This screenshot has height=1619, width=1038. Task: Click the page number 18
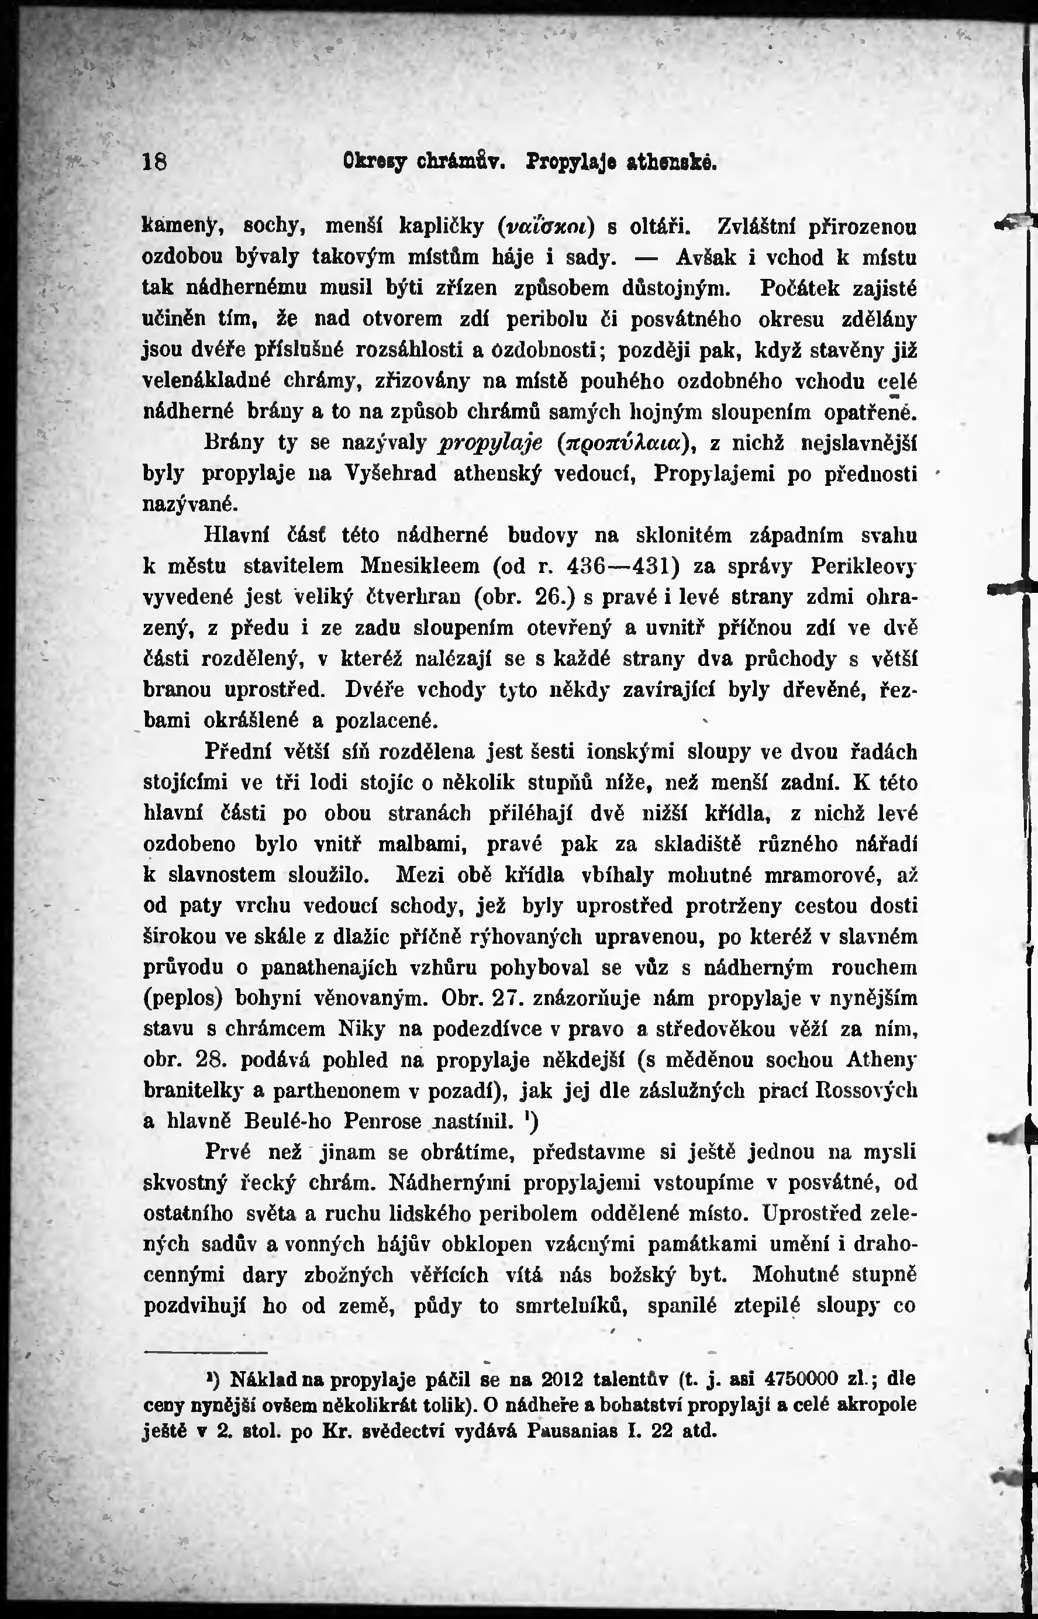155,163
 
